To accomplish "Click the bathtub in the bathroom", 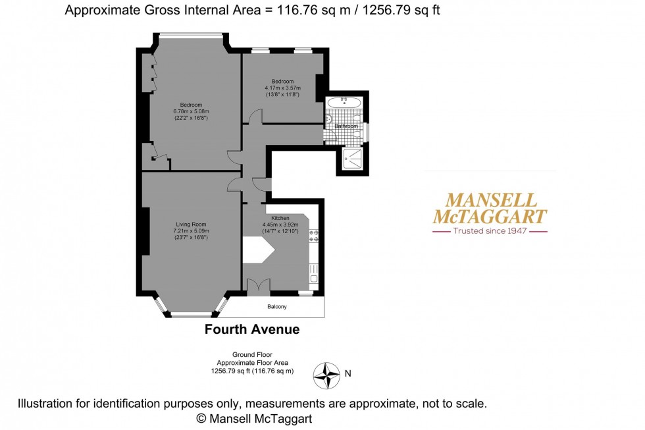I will [x=344, y=103].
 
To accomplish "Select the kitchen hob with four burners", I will [x=313, y=236].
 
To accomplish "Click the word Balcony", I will [x=277, y=307].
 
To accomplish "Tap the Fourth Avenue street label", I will [x=252, y=329].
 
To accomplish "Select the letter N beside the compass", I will [x=348, y=374].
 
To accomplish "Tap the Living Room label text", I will [x=191, y=225].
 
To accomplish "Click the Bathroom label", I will [x=346, y=126].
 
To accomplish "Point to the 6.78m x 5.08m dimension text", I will [x=192, y=111].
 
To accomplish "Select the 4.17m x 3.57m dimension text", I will [x=282, y=88].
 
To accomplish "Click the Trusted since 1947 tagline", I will [x=490, y=231].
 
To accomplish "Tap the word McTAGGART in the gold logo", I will [x=490, y=216].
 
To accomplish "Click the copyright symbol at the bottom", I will [x=201, y=418].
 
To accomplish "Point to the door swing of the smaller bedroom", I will [x=255, y=116].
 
